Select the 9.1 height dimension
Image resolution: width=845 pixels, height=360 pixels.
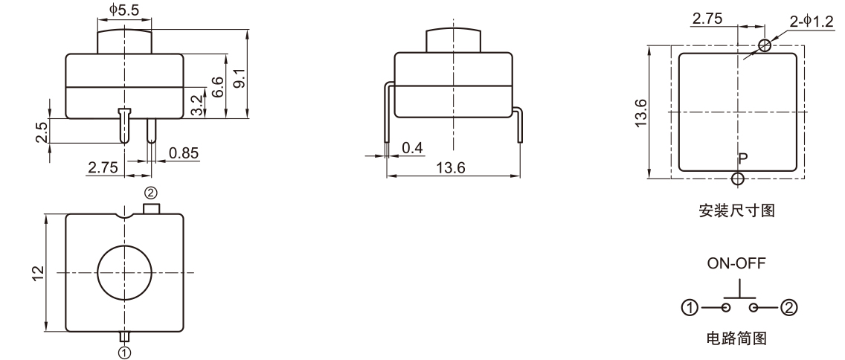pos(238,75)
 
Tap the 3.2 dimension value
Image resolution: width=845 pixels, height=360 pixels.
pos(195,103)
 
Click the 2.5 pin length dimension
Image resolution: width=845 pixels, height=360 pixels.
pos(42,131)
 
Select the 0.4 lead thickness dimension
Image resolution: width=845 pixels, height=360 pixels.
pos(411,149)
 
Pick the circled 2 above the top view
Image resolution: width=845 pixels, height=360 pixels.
pos(151,193)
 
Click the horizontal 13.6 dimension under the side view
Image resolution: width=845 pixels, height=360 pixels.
pos(451,168)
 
